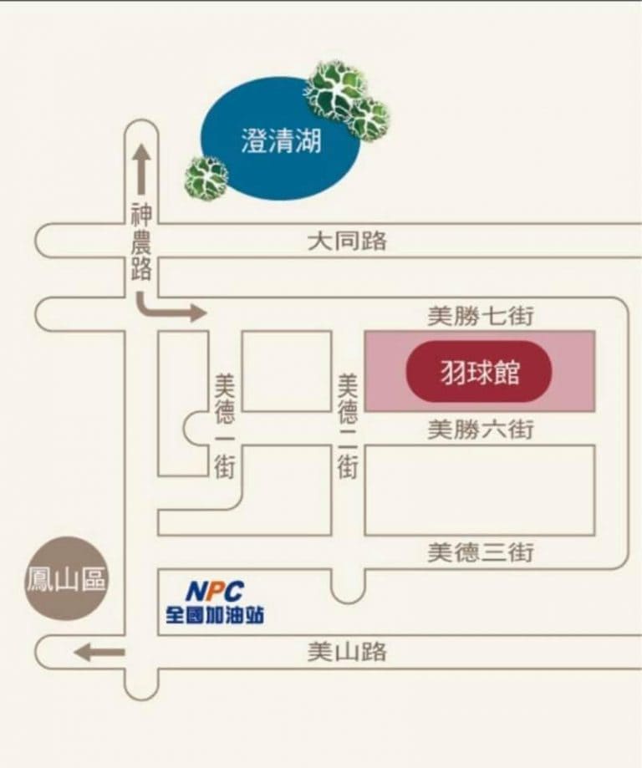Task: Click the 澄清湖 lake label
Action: [x=282, y=140]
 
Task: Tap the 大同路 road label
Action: [x=347, y=241]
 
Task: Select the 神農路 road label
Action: [x=141, y=242]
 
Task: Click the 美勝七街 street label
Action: [x=481, y=316]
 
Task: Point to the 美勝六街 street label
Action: [x=481, y=430]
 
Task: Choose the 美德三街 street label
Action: [x=481, y=552]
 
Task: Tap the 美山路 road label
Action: [x=347, y=652]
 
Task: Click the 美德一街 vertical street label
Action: [x=225, y=426]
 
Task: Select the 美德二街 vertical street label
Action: [x=348, y=426]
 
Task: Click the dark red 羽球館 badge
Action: [x=479, y=371]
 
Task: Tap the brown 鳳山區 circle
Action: [x=66, y=578]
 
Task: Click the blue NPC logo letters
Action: [x=215, y=591]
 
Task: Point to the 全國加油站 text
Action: [x=215, y=615]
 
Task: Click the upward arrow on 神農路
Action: [x=141, y=169]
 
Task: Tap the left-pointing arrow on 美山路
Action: [x=99, y=652]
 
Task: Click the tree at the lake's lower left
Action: [x=206, y=178]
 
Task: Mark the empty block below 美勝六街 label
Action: [x=480, y=491]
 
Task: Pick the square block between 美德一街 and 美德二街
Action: [x=287, y=371]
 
